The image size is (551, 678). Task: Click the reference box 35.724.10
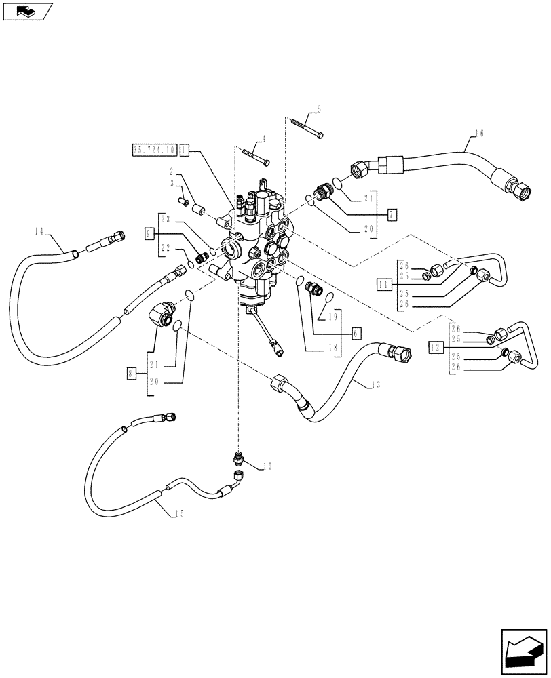coord(155,149)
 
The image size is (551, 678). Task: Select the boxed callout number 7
coord(392,214)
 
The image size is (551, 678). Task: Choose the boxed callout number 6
coord(356,333)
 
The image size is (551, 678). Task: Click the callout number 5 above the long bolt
coord(318,109)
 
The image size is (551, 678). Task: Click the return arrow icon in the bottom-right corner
coord(523,652)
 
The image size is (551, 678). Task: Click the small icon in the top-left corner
coord(26,11)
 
